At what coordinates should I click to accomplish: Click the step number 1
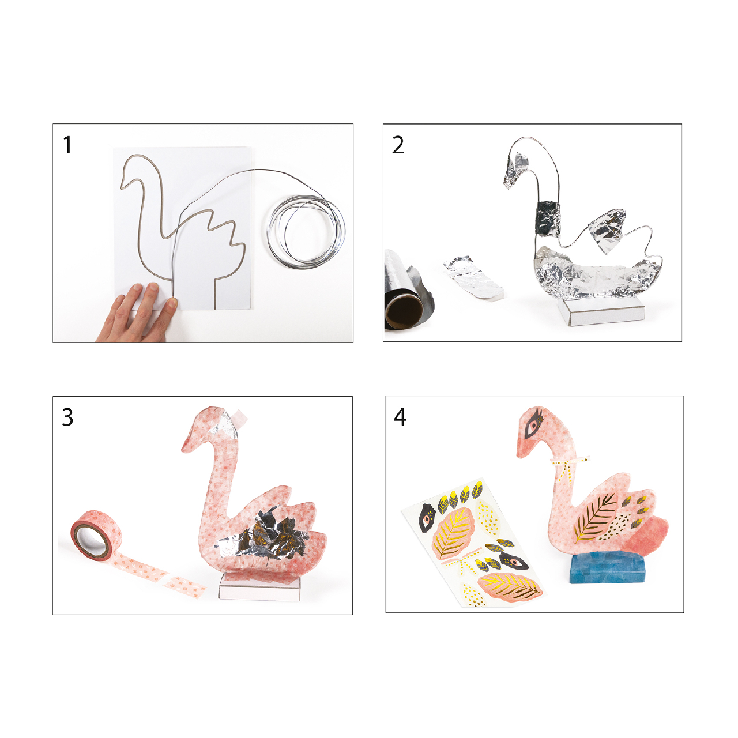68,145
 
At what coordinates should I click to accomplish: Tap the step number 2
398,145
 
